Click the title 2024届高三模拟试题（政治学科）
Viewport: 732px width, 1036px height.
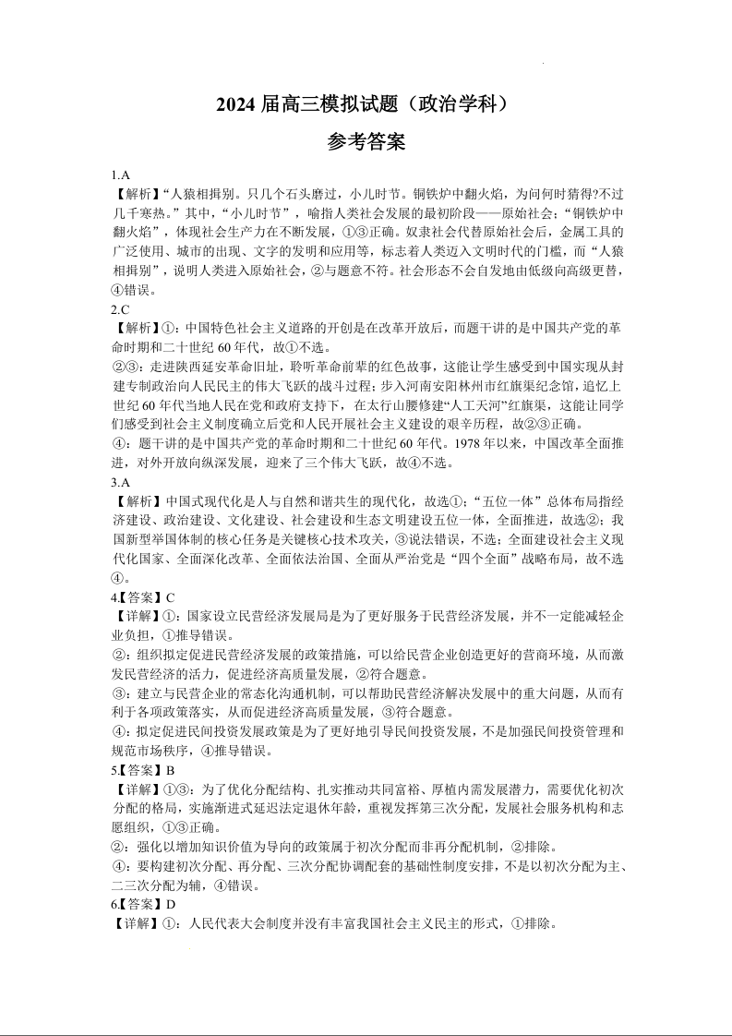click(366, 105)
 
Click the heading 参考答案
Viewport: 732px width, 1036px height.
click(366, 142)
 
